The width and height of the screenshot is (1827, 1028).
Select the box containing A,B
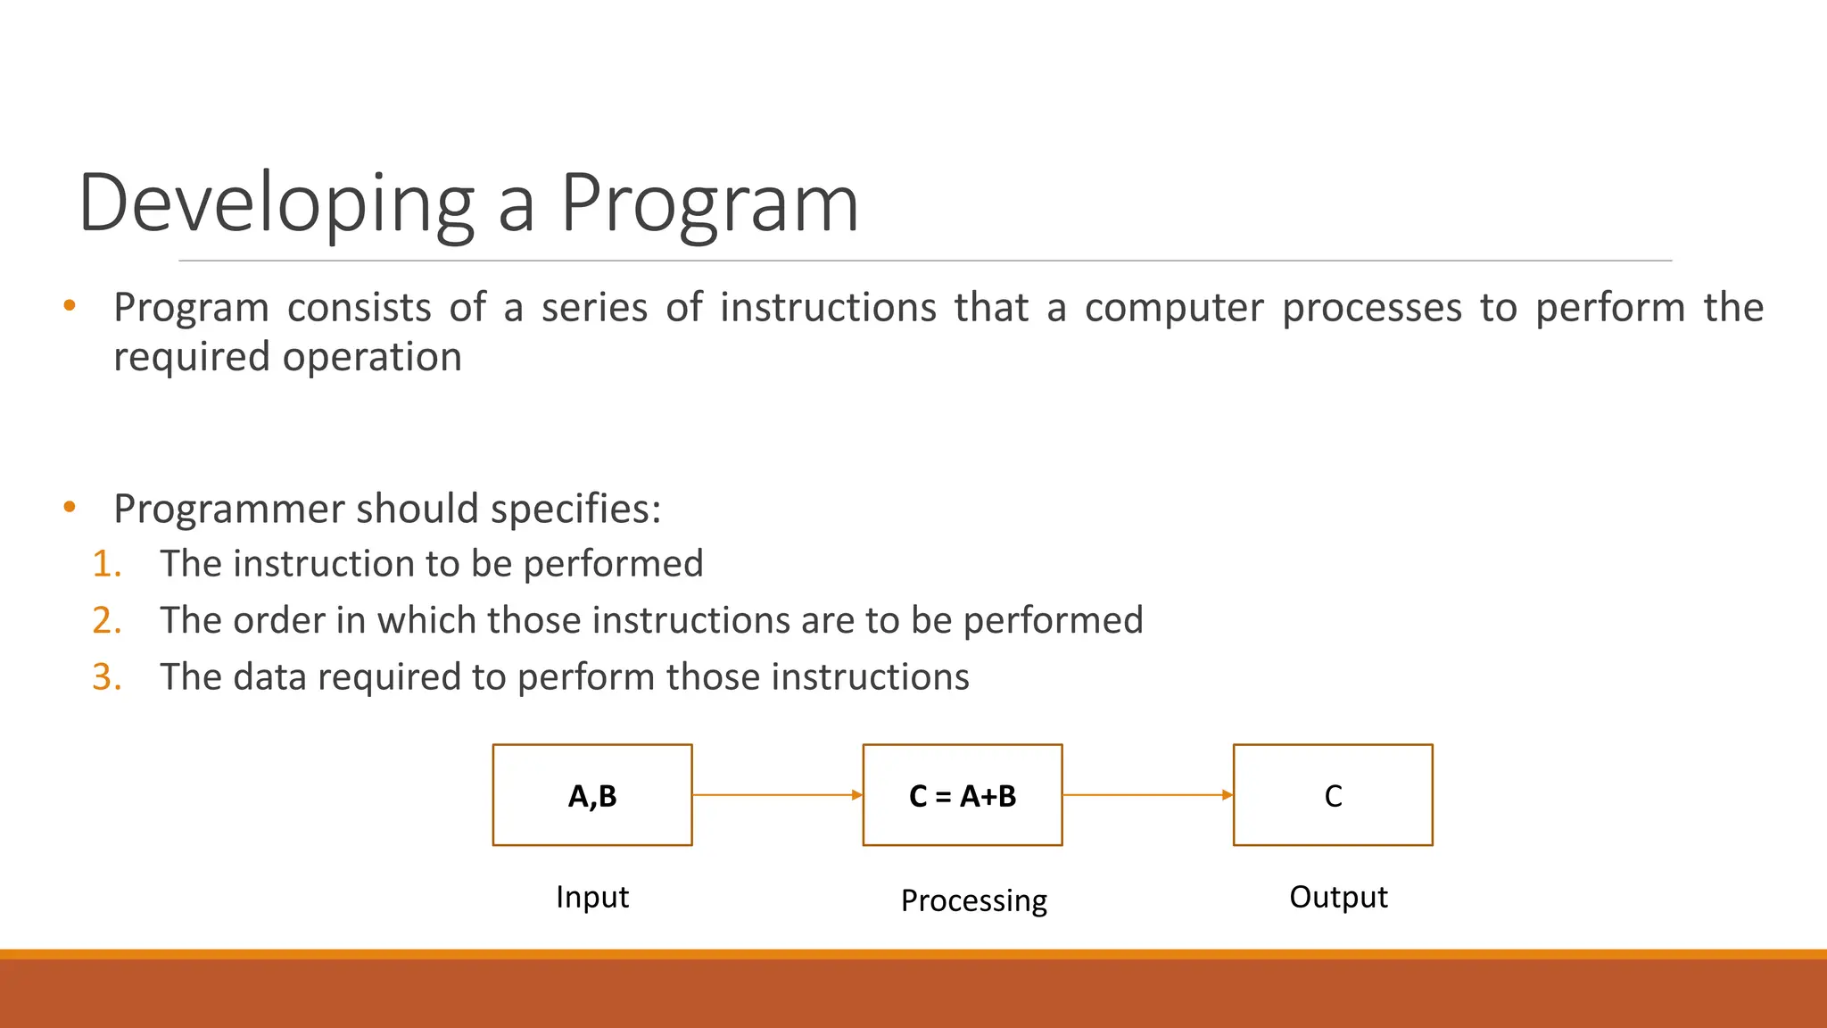(592, 795)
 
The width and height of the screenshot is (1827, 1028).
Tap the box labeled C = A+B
(963, 795)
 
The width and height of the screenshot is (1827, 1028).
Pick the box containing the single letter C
(1333, 795)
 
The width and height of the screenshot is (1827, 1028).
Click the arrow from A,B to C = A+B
(777, 794)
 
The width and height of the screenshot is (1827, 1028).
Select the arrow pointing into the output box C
(1147, 794)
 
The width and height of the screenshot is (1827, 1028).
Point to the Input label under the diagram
(592, 897)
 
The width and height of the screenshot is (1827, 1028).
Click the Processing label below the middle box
(973, 900)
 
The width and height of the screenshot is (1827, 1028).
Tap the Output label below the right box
(1338, 897)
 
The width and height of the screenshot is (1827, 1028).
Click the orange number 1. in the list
(107, 564)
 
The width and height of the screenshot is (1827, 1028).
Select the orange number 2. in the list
(107, 620)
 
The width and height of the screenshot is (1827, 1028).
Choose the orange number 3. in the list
(107, 677)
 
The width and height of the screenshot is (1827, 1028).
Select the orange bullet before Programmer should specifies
(70, 508)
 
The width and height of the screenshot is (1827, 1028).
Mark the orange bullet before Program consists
(70, 307)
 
